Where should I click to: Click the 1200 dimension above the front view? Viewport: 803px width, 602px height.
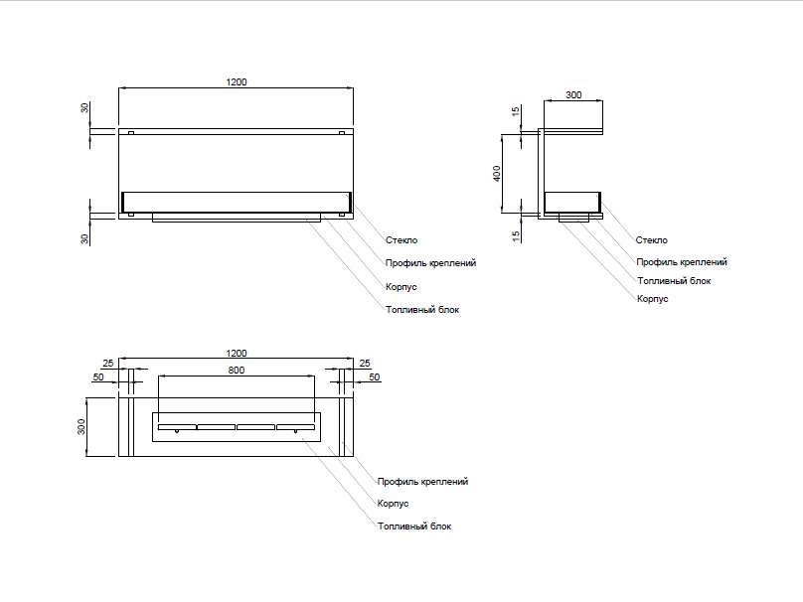click(236, 81)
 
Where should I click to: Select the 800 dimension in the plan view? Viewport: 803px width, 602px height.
click(236, 370)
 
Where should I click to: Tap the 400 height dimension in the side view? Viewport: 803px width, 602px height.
click(497, 173)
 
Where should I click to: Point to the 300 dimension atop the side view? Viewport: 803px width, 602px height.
click(573, 95)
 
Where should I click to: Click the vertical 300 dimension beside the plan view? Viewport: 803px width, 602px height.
click(82, 427)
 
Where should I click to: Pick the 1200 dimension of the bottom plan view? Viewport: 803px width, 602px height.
click(236, 353)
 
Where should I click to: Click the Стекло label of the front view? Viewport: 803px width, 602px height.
click(401, 240)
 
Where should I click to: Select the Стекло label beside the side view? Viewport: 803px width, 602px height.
click(652, 240)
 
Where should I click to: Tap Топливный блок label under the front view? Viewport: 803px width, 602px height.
click(422, 310)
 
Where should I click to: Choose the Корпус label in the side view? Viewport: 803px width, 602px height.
click(652, 298)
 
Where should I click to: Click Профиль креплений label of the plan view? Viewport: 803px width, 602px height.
click(422, 482)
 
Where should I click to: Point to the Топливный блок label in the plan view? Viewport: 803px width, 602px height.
click(414, 527)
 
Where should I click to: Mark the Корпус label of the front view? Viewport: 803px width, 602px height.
click(401, 286)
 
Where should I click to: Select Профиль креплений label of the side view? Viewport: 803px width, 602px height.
click(682, 262)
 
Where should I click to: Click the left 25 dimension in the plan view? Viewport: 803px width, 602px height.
click(107, 363)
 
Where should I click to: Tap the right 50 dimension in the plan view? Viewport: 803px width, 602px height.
click(375, 377)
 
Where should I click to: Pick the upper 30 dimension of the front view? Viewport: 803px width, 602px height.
click(85, 107)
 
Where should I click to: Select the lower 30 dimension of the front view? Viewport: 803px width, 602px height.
click(85, 238)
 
